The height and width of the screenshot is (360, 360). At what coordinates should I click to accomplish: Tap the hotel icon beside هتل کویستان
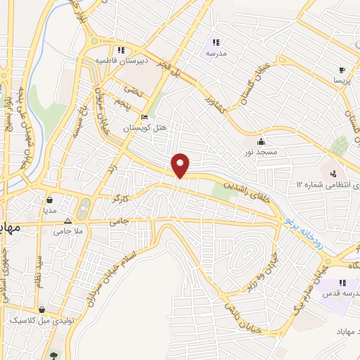coord(144,117)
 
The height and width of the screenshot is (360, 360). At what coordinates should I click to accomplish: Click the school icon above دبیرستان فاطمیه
coord(121,50)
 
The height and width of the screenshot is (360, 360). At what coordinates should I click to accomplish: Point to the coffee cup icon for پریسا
coord(342,70)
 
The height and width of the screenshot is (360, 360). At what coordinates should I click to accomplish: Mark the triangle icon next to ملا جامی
coord(67,219)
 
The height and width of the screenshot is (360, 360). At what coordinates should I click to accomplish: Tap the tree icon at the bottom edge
coord(53,354)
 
